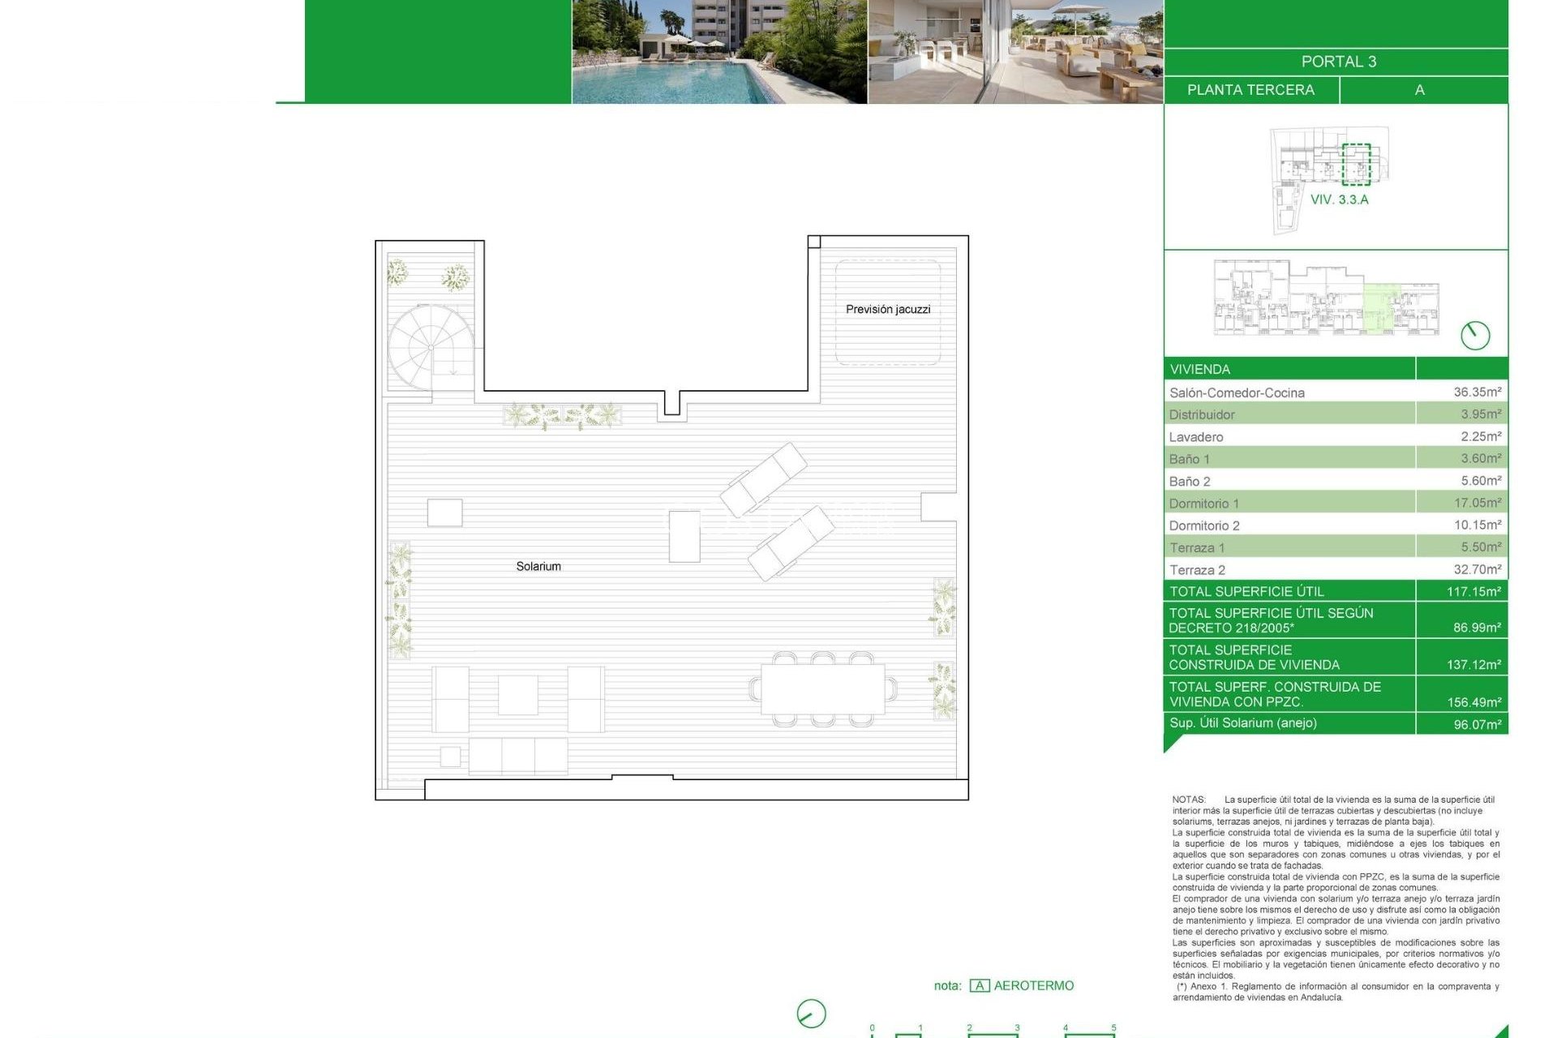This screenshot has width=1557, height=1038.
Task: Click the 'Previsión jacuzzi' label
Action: tap(888, 309)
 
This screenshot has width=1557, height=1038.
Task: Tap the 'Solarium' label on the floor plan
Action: tap(538, 566)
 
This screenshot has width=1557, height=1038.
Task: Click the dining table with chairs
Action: tap(822, 688)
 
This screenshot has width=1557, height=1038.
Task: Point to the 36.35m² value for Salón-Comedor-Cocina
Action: tap(1477, 392)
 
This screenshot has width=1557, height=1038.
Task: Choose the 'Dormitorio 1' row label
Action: tap(1203, 504)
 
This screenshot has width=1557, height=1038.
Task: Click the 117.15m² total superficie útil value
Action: tap(1473, 591)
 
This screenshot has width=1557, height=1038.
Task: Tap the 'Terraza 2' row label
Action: tap(1197, 570)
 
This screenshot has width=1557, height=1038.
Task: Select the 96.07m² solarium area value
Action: tap(1477, 724)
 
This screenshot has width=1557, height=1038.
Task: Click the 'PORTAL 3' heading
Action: tap(1338, 62)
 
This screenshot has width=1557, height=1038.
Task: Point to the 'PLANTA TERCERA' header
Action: tap(1250, 90)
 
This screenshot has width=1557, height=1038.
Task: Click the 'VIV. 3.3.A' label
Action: tap(1339, 199)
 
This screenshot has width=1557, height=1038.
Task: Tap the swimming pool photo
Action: tap(719, 52)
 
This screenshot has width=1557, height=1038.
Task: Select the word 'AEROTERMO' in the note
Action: tap(1033, 985)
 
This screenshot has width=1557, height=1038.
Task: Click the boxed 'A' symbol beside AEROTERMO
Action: tap(980, 986)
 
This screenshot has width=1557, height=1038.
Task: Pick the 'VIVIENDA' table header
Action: tap(1199, 370)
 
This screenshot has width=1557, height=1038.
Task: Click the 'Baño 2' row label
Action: tap(1189, 482)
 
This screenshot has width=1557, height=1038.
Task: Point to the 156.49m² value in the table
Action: tap(1473, 702)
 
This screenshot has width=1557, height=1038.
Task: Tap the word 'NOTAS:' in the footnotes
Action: tap(1188, 800)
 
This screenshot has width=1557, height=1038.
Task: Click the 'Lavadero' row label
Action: tap(1195, 437)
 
